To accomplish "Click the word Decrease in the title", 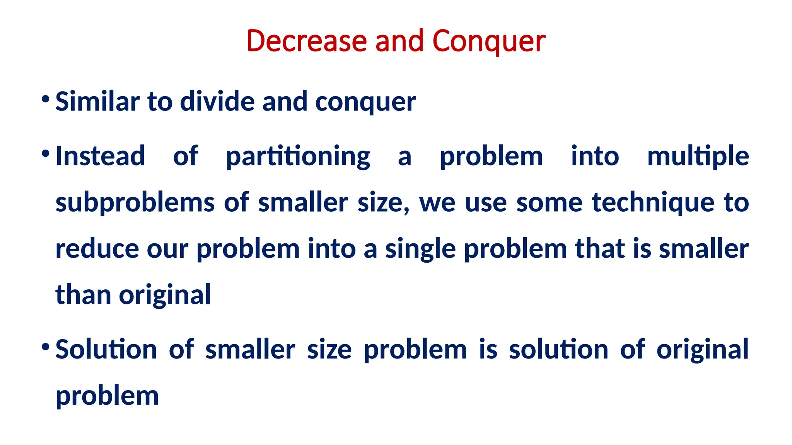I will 306,41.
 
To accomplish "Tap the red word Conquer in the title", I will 489,42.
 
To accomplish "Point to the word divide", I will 218,102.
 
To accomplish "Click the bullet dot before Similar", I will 46,99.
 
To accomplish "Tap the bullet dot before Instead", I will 46,154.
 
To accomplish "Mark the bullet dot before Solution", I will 46,347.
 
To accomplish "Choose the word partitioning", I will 298,157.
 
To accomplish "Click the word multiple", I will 698,157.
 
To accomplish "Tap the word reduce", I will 97,249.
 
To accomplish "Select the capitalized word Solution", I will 106,349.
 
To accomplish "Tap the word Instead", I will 100,156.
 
